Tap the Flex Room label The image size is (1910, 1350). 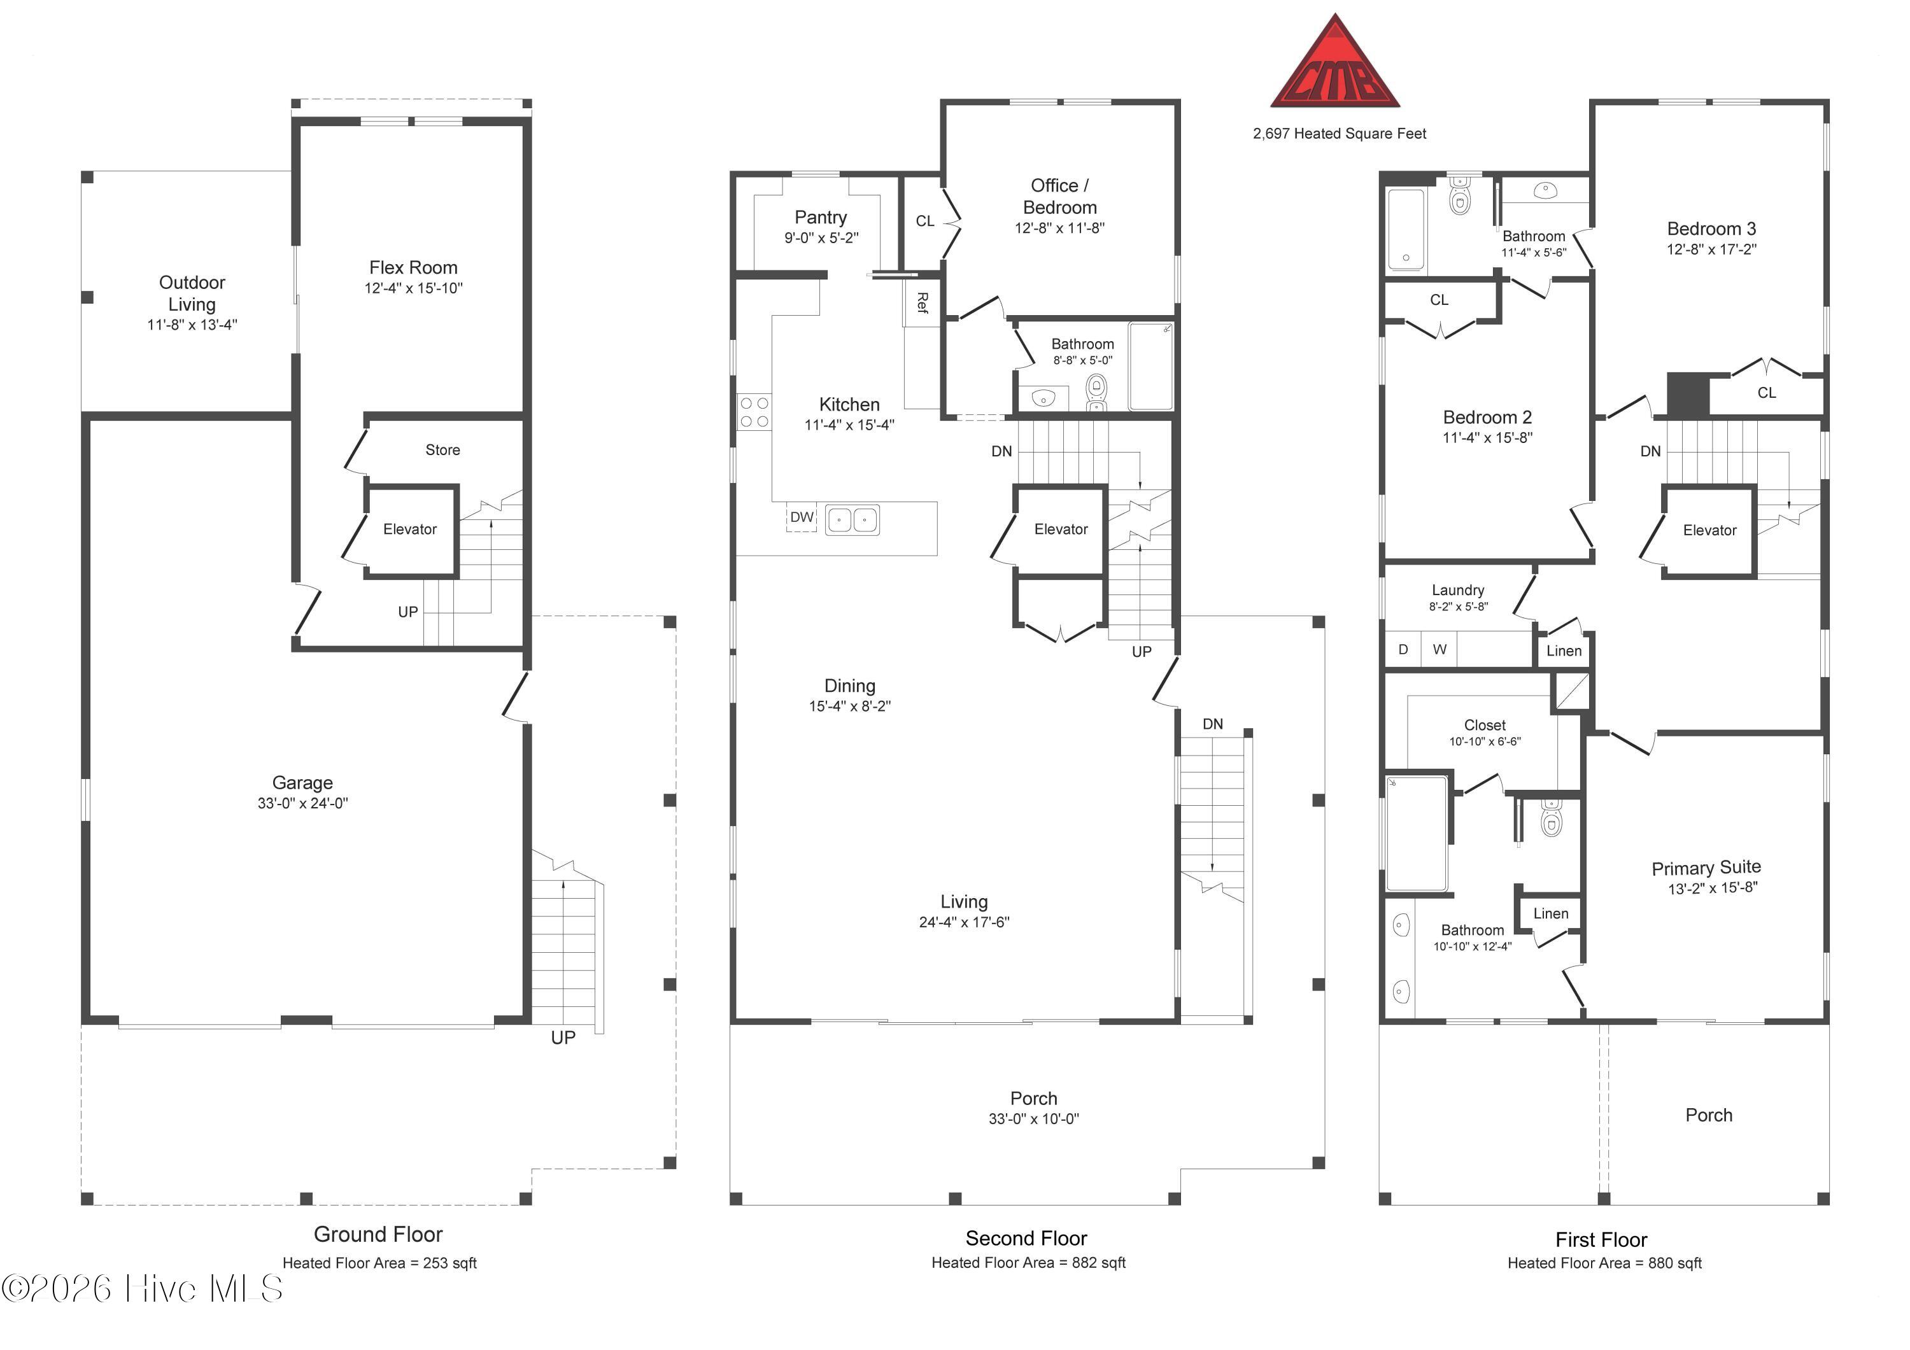tap(413, 268)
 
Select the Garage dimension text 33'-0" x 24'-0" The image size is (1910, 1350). tap(303, 803)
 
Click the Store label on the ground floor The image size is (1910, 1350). tap(442, 450)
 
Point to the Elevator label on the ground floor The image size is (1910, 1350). tap(409, 530)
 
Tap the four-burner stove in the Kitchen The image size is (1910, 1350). tap(754, 412)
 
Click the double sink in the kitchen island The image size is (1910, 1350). tap(852, 520)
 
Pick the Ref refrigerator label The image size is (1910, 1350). tap(922, 303)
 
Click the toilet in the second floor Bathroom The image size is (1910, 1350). tap(1097, 392)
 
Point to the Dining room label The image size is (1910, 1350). tap(849, 686)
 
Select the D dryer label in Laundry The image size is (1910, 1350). tap(1403, 650)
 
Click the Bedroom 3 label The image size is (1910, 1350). tap(1711, 229)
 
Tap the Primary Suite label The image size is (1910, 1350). tap(1706, 868)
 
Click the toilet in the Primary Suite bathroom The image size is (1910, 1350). tap(1552, 819)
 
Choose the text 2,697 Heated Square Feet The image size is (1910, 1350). tap(1340, 134)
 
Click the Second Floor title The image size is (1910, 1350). tap(1026, 1239)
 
